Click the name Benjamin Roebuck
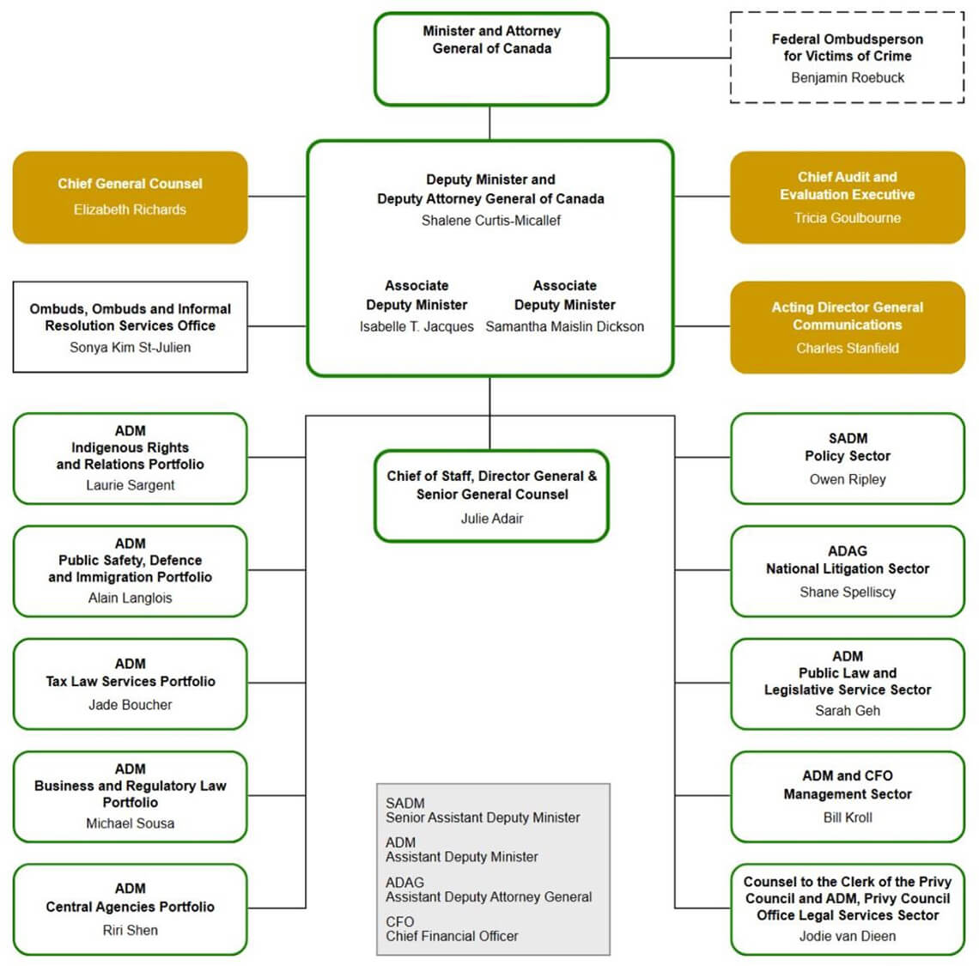coord(847,77)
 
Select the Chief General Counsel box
coord(130,197)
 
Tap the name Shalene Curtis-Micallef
coord(490,221)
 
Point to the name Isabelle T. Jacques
coord(417,326)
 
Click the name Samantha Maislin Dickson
coord(564,326)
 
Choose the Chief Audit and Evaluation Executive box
coord(847,197)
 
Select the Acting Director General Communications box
coord(847,327)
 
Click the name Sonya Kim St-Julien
coord(130,347)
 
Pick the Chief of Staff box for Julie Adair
coord(491,495)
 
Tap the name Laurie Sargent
coord(130,485)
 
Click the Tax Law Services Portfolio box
coord(130,683)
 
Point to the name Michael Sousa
coord(130,823)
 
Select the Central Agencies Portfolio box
coord(130,908)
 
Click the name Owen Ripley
coord(847,479)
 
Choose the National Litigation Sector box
coord(847,570)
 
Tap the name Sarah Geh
coord(847,710)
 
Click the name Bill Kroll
coord(847,817)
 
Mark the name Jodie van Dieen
coord(847,936)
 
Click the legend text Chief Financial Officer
coord(452,936)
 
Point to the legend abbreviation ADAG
coord(404,882)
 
